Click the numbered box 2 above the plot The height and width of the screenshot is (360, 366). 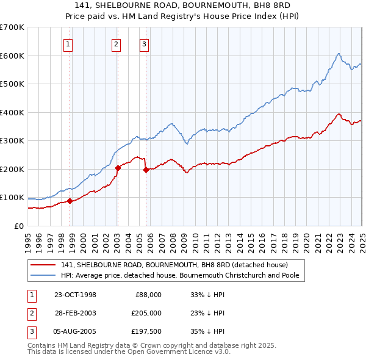pos(116,43)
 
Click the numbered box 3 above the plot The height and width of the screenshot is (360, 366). pos(144,43)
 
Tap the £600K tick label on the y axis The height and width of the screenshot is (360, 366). pos(12,56)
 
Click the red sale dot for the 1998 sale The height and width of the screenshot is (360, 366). pos(70,201)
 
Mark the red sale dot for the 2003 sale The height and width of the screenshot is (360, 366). pos(118,168)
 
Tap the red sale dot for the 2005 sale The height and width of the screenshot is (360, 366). pos(146,170)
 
